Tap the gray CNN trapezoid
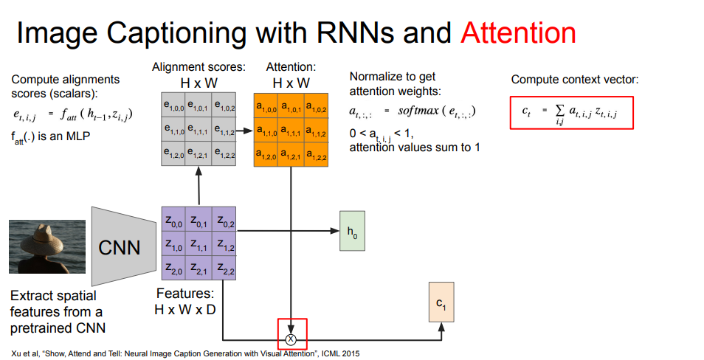[x=120, y=246]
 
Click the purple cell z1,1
[x=199, y=244]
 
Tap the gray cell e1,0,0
[x=173, y=106]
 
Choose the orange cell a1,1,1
[x=291, y=131]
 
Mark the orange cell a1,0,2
[x=316, y=106]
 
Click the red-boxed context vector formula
[x=571, y=112]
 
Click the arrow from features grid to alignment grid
[x=199, y=185]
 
